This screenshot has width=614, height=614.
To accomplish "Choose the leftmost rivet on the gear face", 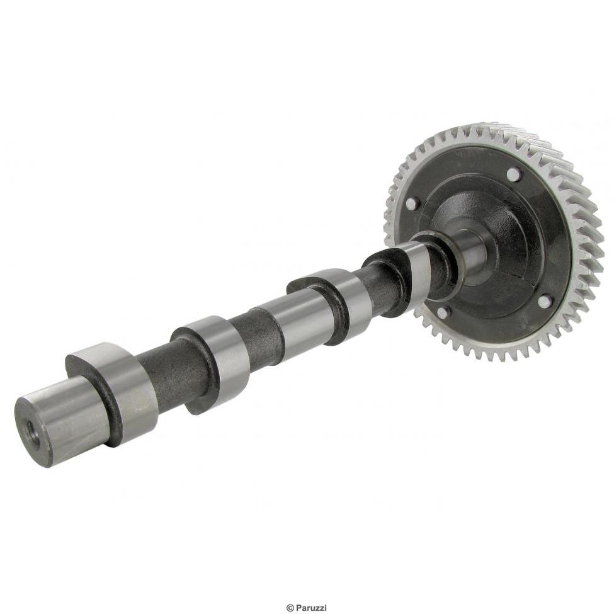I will click(x=412, y=204).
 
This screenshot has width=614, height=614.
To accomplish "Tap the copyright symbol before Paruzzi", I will click(x=290, y=608).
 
